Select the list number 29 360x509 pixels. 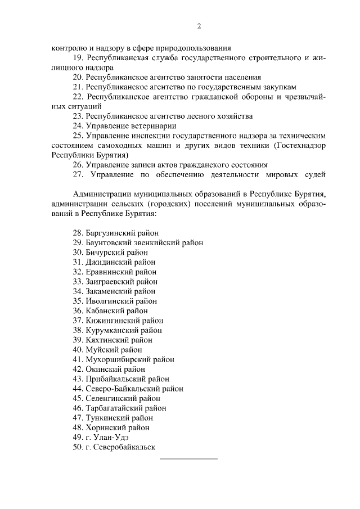tap(78, 242)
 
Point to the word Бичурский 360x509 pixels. tap(105, 253)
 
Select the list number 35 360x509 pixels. tap(78, 301)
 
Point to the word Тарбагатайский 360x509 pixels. tap(115, 408)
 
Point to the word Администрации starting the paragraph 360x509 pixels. tap(100, 194)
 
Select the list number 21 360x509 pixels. tap(78, 87)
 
